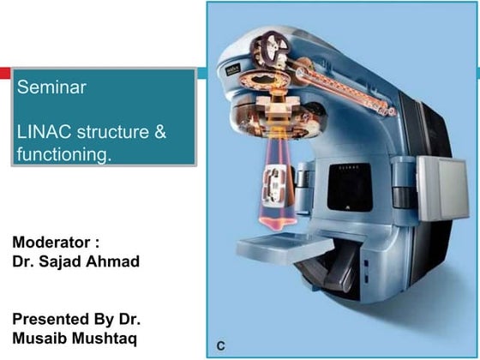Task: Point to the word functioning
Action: click(63, 155)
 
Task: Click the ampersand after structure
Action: click(161, 134)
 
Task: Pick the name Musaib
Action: click(44, 337)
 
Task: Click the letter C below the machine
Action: click(220, 346)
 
